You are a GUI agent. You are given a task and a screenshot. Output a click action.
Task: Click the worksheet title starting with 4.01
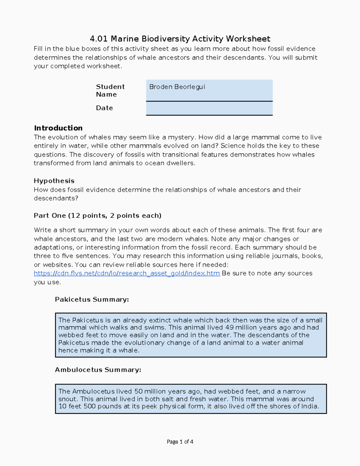click(180, 39)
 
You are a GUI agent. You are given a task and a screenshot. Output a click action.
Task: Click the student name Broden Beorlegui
click(177, 87)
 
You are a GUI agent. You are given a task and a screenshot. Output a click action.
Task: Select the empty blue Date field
click(209, 108)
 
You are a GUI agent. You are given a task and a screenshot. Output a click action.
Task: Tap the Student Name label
click(110, 90)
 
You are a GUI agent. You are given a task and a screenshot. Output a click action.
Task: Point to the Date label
click(104, 108)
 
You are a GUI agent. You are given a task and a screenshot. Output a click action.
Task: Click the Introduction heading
click(58, 128)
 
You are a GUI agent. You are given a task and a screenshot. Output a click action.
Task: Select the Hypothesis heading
click(54, 181)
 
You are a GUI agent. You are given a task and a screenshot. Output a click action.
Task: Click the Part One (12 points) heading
click(97, 216)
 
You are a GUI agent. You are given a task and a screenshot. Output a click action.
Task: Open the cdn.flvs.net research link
click(127, 273)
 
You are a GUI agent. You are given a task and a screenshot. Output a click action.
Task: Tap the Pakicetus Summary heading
click(92, 299)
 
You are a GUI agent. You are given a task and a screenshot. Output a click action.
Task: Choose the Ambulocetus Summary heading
click(98, 370)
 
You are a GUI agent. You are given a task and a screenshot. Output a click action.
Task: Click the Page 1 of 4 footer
click(180, 442)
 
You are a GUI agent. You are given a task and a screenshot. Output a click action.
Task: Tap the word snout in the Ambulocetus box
click(68, 399)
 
